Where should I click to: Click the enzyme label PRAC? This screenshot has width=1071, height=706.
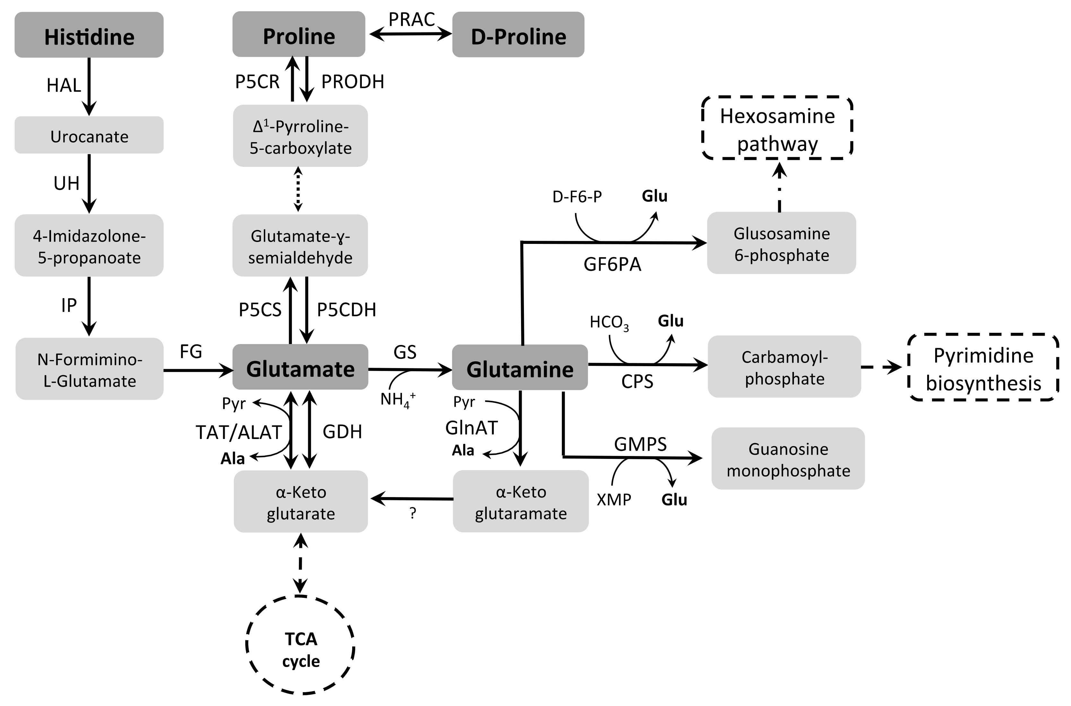(411, 19)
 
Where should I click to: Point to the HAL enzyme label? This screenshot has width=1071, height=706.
(64, 85)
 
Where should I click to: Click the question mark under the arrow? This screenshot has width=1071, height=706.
(413, 513)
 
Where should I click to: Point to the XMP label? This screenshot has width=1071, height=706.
(614, 499)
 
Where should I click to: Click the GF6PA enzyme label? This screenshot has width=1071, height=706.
(612, 264)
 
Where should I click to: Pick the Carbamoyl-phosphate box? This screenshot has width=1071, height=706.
(784, 367)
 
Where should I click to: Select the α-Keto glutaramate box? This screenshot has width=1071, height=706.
(521, 502)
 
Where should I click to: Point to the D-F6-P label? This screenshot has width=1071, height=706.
(577, 197)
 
